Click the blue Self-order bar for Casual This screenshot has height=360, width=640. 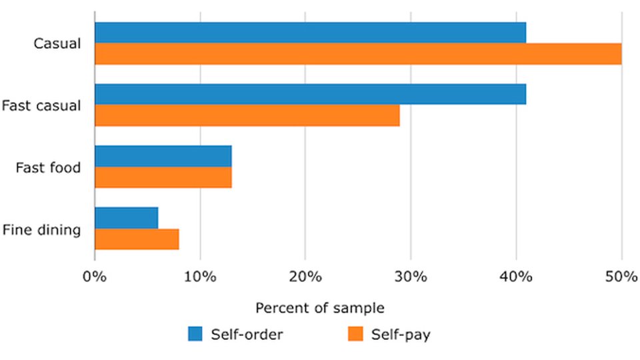310,33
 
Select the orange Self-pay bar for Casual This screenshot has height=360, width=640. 358,54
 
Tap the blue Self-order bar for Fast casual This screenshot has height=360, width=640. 310,94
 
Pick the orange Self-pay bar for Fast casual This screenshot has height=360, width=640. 247,115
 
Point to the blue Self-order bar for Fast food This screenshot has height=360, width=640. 163,156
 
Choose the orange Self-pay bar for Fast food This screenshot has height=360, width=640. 163,177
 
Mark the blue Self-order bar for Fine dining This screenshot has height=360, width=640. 127,217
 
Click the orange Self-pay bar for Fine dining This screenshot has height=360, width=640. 137,239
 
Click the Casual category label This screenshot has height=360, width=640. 57,44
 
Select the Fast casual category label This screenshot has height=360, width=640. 41,105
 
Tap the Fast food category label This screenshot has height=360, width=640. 48,167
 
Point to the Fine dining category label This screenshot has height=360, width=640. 41,230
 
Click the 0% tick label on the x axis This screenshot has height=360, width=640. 95,277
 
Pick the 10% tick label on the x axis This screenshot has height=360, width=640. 200,277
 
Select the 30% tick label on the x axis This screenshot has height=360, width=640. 411,277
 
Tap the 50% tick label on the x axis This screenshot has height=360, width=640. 621,277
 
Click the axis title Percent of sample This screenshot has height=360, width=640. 320,308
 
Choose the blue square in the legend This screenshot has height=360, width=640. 195,334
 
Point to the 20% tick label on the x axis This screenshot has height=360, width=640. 305,277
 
